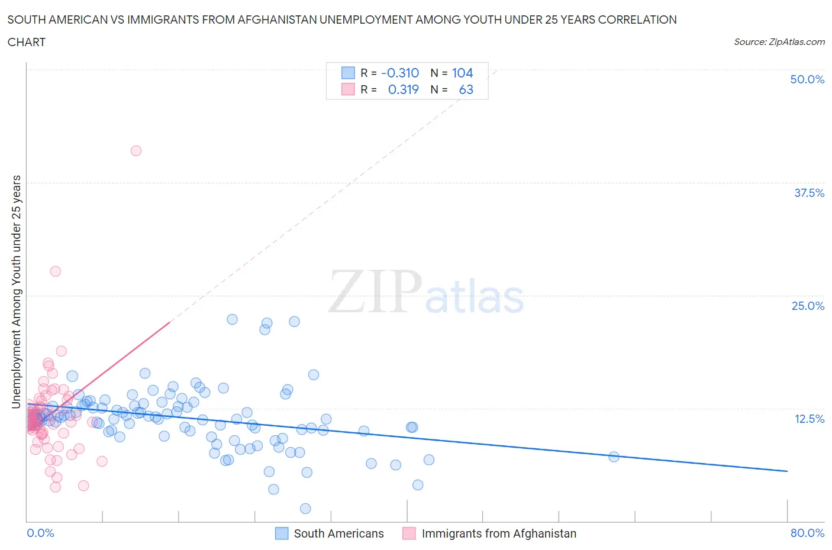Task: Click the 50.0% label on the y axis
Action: (x=807, y=79)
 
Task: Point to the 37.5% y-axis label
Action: (x=809, y=193)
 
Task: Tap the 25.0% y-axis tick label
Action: (x=808, y=306)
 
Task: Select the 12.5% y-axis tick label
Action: (x=809, y=419)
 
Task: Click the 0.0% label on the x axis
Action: (x=40, y=533)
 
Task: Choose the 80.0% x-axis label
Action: (x=807, y=533)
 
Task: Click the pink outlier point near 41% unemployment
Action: (x=136, y=151)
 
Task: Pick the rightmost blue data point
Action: (x=614, y=457)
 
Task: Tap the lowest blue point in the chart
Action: (x=305, y=509)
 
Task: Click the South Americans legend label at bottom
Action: (x=338, y=533)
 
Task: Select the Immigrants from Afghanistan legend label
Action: (x=499, y=533)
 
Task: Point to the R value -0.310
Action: (x=400, y=73)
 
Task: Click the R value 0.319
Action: (x=403, y=89)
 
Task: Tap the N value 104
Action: (x=462, y=73)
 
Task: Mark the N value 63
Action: (x=466, y=89)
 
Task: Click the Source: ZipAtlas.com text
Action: (x=779, y=41)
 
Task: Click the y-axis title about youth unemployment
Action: (x=17, y=292)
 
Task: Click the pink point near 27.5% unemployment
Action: (x=56, y=271)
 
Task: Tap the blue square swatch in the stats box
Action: (x=348, y=73)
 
